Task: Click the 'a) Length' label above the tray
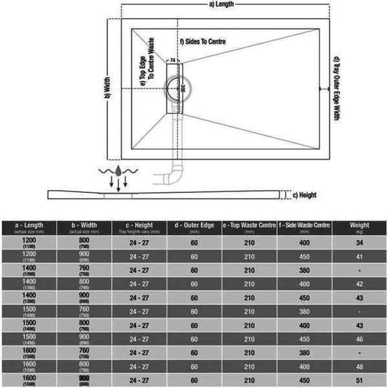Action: click(220, 6)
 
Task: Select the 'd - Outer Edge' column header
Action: click(194, 227)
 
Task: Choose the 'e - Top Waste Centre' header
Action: click(248, 227)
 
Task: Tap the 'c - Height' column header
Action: click(138, 227)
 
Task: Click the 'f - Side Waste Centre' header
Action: click(305, 227)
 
